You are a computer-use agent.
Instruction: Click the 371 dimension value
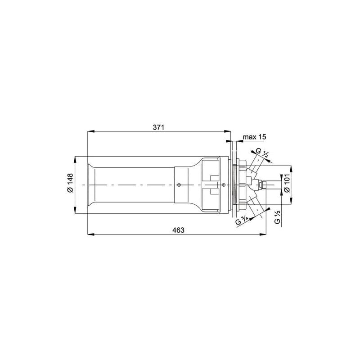click(159, 127)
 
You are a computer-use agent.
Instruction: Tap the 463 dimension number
click(178, 230)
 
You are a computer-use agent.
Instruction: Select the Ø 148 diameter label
click(70, 183)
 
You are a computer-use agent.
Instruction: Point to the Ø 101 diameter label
click(287, 183)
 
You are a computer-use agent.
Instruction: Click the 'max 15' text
click(254, 137)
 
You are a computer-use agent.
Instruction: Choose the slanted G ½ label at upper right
click(262, 153)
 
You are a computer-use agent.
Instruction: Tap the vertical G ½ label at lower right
click(277, 217)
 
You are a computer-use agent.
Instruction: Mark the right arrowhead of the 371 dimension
click(228, 131)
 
